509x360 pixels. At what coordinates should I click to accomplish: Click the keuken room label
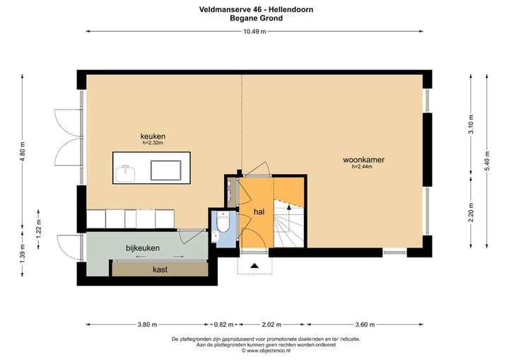point(153,136)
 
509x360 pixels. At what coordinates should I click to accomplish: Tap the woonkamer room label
point(361,160)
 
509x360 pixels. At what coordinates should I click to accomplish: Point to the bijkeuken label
point(143,248)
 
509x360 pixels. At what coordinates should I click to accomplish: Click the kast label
point(160,269)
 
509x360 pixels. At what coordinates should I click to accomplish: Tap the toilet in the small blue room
point(223,225)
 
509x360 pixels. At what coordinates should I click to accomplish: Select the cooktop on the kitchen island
point(167,170)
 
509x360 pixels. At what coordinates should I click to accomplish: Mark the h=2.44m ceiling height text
point(362,167)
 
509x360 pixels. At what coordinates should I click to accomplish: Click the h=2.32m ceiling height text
point(153,143)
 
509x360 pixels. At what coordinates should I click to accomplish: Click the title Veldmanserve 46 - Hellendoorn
point(256,10)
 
